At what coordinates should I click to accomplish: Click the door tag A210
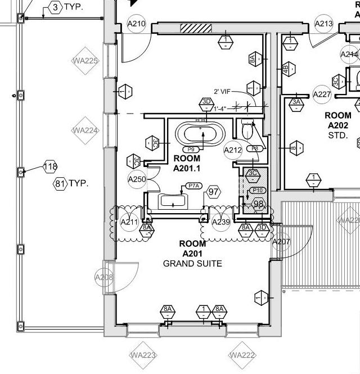(137, 24)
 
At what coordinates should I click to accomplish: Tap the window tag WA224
(85, 130)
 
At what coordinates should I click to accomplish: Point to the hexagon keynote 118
(51, 166)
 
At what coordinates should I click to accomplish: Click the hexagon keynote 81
(60, 184)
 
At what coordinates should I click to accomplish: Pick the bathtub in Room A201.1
(200, 135)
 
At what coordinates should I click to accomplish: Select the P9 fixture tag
(192, 149)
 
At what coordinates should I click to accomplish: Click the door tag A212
(233, 150)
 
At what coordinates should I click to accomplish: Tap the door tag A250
(137, 179)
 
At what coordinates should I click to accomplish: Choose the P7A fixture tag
(194, 186)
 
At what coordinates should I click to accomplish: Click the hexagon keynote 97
(213, 192)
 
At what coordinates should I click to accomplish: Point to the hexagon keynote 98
(259, 204)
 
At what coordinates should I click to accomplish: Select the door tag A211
(129, 222)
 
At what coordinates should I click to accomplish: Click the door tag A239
(221, 222)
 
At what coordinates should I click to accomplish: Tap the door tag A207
(281, 242)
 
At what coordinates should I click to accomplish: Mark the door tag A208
(104, 277)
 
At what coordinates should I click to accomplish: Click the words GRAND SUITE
(192, 263)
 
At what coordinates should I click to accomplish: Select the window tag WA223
(143, 355)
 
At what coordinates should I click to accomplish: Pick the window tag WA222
(242, 355)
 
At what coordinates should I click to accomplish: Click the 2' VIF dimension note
(223, 91)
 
